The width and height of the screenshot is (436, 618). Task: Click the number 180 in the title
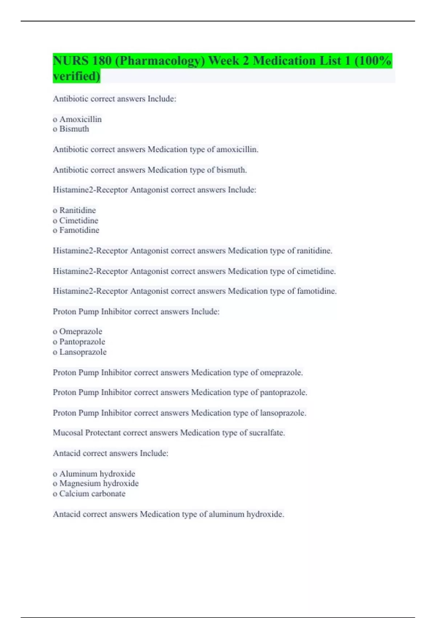[101, 61]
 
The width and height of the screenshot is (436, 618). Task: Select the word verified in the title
[76, 76]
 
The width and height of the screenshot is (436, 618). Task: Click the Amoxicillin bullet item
[80, 119]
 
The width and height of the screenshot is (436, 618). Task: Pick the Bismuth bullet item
[74, 129]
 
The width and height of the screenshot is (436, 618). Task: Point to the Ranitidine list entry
[77, 210]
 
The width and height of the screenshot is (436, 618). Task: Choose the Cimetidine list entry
[78, 220]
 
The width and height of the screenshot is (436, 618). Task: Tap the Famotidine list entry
[79, 230]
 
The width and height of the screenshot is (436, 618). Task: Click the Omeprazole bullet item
[81, 332]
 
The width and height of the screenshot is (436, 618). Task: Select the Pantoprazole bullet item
[82, 342]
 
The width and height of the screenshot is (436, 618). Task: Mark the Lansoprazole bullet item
[83, 352]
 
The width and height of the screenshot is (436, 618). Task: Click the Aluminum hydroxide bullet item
[97, 474]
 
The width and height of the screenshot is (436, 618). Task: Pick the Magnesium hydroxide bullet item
[99, 483]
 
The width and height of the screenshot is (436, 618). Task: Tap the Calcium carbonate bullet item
[92, 494]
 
